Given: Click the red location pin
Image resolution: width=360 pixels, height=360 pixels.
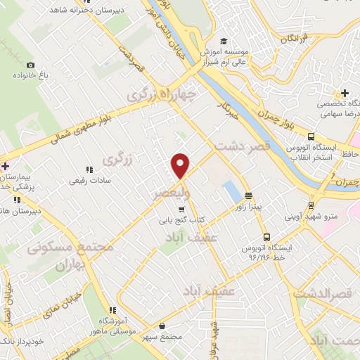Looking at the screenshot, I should coord(181,165).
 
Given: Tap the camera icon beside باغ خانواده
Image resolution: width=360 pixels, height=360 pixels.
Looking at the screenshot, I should coord(30,65).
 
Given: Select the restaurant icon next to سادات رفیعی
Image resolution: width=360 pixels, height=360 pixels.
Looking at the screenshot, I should coord(89,169).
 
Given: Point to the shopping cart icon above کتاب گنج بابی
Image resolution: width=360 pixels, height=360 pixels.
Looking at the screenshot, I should coord(181,209).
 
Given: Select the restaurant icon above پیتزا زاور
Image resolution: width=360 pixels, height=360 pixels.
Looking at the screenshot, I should coord(247,195).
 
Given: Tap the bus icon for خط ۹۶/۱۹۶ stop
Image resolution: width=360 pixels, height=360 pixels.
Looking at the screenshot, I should coord(266,237).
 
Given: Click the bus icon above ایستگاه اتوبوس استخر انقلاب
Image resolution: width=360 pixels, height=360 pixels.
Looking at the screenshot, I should coord(311,137).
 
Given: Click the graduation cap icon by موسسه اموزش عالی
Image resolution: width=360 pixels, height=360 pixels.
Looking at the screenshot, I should coord(224,41).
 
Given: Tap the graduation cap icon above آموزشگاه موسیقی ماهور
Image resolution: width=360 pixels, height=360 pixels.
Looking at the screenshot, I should coord(112,310).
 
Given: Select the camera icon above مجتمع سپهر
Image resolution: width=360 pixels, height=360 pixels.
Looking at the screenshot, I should coord(162,326).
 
